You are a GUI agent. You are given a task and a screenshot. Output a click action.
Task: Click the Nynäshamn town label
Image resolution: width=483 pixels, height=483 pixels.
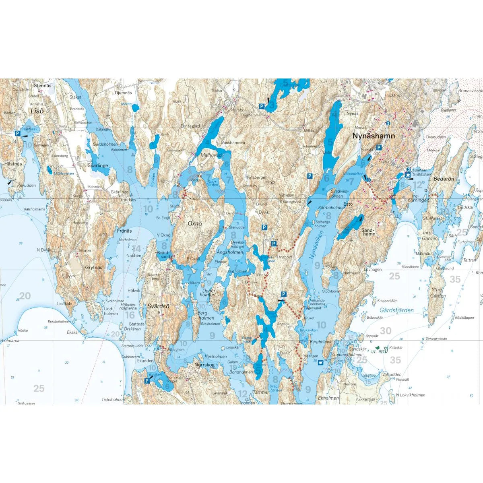(374, 136)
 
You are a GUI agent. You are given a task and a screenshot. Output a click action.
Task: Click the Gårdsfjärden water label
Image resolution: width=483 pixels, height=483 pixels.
(396, 310)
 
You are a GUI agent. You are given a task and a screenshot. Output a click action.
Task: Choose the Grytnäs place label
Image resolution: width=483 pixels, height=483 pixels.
(93, 267)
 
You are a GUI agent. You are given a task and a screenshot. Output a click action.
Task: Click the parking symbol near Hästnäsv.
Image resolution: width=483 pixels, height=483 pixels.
(17, 133)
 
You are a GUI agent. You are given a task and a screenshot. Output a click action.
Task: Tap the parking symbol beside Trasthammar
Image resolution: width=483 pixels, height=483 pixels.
(261, 106)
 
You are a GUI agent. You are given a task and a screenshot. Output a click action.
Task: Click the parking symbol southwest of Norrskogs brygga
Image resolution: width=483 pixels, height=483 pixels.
(147, 381)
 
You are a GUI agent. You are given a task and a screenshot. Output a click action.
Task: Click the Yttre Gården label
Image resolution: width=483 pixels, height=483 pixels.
(438, 293)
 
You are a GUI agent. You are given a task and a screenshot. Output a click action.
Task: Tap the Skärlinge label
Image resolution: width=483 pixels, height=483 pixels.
(97, 165)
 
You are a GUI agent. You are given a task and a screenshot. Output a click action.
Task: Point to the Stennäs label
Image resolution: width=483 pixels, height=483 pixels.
(43, 86)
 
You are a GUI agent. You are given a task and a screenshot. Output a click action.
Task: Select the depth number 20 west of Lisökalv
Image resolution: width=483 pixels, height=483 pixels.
(25, 296)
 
